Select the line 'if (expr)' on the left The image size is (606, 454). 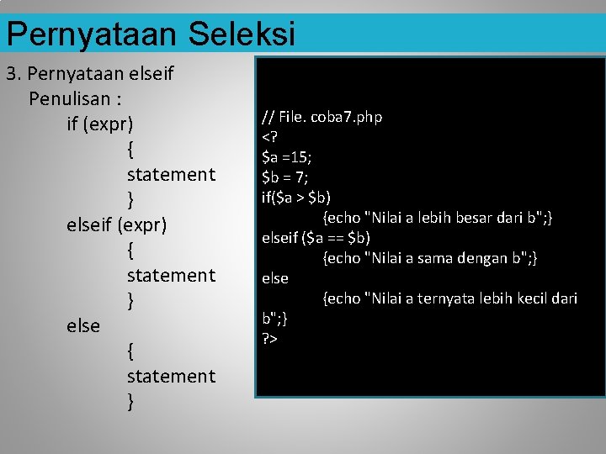(x=100, y=124)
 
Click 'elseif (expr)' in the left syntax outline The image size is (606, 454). (x=117, y=225)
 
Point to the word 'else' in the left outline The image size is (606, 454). (x=83, y=325)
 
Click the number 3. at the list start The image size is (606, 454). (x=13, y=74)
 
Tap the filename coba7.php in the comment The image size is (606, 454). (x=347, y=117)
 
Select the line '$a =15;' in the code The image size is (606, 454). (x=287, y=157)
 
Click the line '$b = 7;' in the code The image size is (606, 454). (x=285, y=177)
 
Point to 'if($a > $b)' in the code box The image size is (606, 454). (x=296, y=198)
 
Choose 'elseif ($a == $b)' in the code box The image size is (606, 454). (x=316, y=238)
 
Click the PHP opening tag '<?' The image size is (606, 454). (x=269, y=137)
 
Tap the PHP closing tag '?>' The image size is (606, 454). (x=270, y=338)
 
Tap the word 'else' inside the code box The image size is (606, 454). (x=275, y=278)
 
